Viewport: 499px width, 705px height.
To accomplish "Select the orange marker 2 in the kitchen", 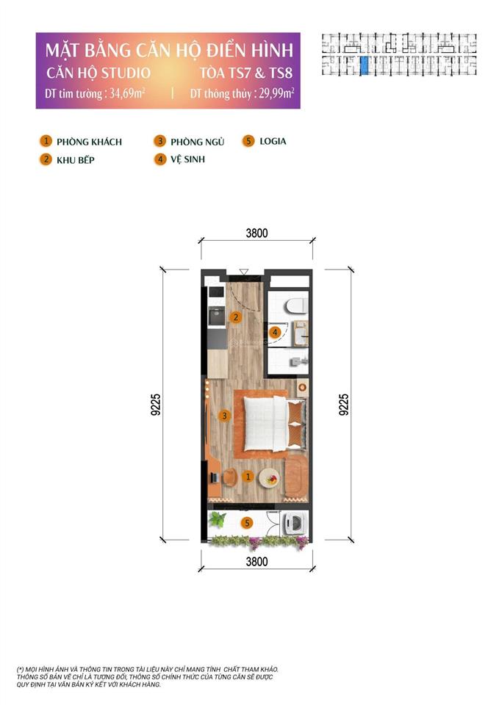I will tap(235, 318).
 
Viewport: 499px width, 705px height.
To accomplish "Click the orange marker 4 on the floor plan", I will tap(274, 333).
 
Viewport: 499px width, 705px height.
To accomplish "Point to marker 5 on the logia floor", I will tap(248, 523).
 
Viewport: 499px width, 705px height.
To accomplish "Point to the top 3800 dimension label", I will tap(256, 234).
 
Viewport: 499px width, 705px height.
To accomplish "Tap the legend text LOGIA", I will tap(273, 141).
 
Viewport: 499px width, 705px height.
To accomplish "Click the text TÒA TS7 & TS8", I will tap(247, 73).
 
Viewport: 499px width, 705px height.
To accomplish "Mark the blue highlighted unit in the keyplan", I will tap(365, 66).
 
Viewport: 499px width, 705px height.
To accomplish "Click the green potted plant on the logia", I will tap(217, 520).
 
